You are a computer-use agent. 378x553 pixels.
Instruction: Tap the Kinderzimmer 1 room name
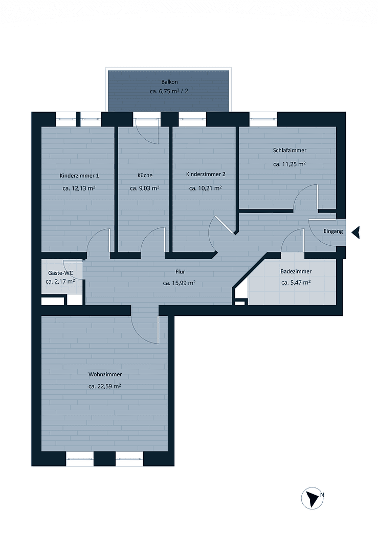(79, 176)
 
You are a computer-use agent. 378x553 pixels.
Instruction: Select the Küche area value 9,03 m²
(145, 188)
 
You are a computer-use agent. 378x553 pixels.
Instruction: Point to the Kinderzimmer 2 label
(206, 174)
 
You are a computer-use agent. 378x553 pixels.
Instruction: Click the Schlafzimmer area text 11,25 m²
(289, 164)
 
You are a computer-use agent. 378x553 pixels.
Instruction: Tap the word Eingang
(333, 231)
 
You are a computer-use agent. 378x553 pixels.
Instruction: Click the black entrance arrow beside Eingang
(356, 232)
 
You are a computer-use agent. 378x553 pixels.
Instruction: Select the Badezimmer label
(296, 272)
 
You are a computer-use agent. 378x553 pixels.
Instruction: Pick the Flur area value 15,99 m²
(180, 283)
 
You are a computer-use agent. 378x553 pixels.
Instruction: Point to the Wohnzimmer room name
(105, 375)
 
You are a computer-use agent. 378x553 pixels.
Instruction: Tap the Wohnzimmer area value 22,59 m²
(105, 387)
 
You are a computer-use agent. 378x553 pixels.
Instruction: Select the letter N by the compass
(322, 495)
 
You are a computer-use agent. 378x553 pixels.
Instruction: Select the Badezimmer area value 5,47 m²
(296, 283)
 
